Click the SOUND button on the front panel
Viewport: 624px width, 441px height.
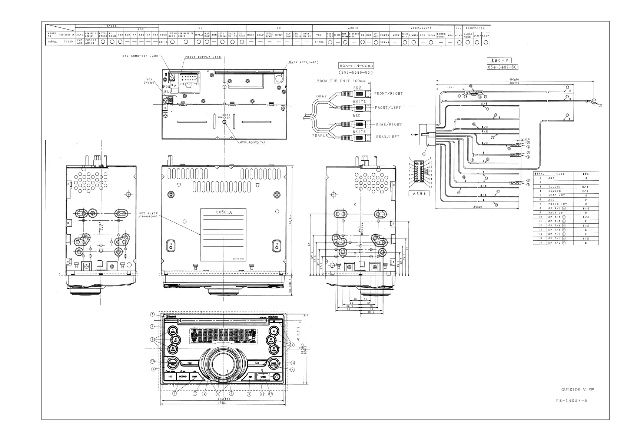click(x=183, y=377)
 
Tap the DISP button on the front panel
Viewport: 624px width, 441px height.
click(x=195, y=377)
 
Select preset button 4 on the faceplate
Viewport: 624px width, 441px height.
click(x=273, y=331)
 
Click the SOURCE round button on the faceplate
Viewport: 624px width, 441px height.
click(x=172, y=363)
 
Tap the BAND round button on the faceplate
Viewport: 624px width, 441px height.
click(x=274, y=363)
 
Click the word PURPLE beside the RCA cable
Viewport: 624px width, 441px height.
click(x=319, y=136)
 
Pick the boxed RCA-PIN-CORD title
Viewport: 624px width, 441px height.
click(x=356, y=66)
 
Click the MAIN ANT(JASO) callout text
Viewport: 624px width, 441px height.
click(x=304, y=62)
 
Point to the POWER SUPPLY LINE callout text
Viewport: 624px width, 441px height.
click(x=203, y=57)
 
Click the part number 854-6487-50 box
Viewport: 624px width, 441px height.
click(x=502, y=67)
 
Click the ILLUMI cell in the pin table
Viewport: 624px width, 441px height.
click(x=554, y=187)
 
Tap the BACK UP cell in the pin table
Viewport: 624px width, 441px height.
click(x=555, y=213)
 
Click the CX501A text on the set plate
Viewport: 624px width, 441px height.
click(x=223, y=212)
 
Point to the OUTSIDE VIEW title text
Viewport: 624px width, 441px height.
click(x=577, y=390)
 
